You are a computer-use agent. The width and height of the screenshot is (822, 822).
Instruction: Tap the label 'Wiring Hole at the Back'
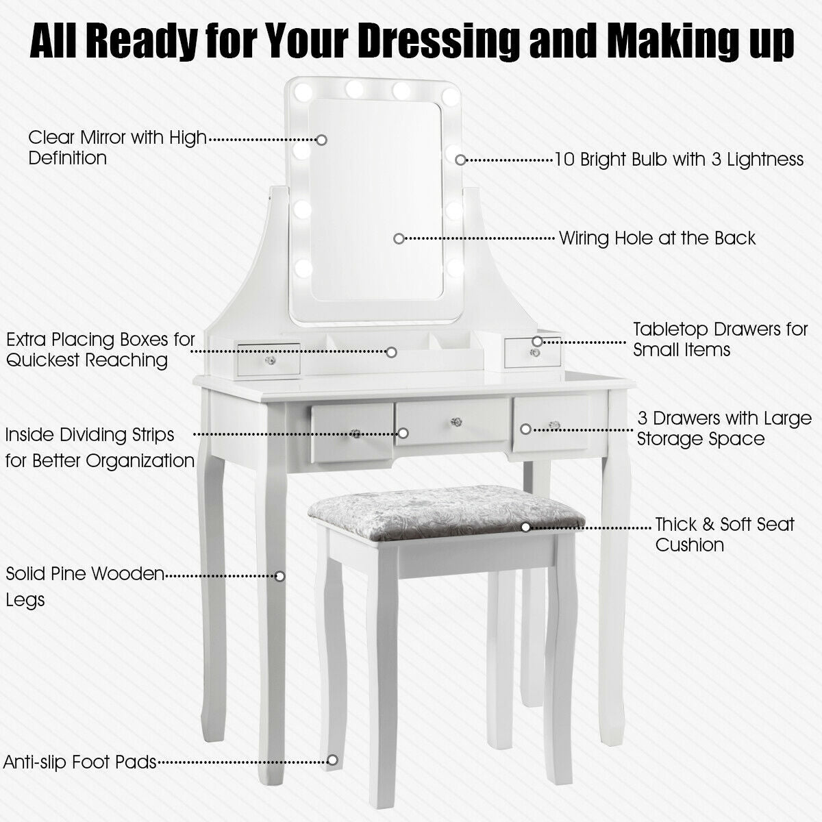click(x=657, y=238)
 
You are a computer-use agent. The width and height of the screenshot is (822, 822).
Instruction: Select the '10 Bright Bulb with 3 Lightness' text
click(x=679, y=160)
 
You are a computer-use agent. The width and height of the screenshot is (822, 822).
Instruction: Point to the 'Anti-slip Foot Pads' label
click(x=80, y=762)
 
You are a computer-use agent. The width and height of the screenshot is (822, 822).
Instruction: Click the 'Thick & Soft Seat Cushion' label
click(x=724, y=534)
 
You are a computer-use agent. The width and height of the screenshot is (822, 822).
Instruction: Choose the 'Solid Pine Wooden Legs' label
click(x=85, y=586)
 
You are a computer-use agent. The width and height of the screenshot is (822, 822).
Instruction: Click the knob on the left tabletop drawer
click(x=271, y=361)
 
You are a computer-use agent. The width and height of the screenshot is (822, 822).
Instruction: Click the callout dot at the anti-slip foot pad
click(x=332, y=760)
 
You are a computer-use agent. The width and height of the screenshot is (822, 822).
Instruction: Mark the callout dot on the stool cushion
click(x=526, y=527)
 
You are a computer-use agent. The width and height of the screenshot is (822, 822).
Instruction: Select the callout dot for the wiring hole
click(x=399, y=238)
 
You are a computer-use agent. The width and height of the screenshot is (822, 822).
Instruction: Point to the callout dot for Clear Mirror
click(x=321, y=139)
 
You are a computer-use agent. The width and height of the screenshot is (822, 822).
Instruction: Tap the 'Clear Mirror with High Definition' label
click(x=116, y=147)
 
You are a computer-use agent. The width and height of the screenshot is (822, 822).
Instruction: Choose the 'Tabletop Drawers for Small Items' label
click(x=720, y=339)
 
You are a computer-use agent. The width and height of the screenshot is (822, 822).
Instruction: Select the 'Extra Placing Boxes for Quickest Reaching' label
click(x=100, y=349)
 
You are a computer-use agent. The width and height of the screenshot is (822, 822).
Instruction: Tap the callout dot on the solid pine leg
click(x=279, y=576)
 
